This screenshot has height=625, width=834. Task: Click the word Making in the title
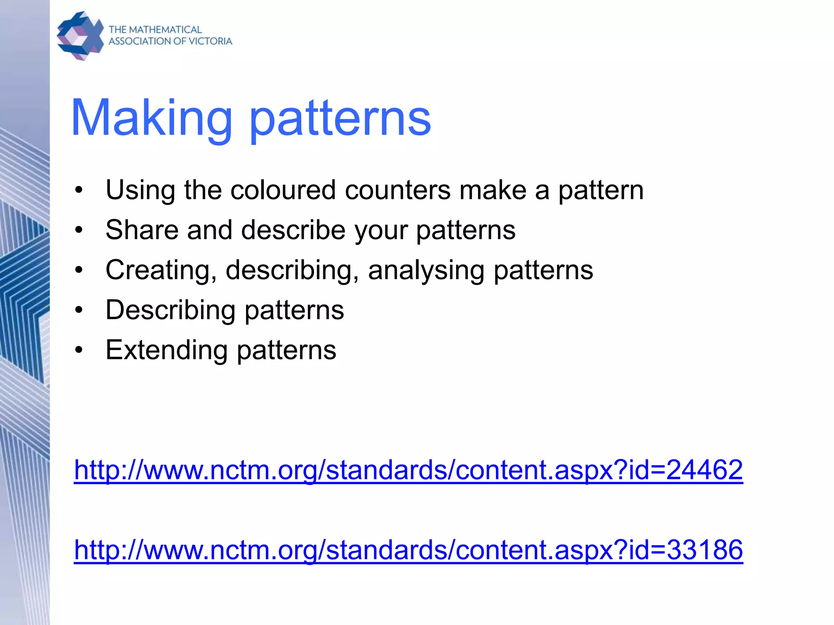click(151, 118)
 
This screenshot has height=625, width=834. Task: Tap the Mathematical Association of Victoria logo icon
click(80, 36)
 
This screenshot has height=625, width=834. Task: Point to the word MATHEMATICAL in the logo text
click(165, 30)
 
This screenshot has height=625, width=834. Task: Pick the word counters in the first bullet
click(397, 190)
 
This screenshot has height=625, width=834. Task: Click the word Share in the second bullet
click(142, 230)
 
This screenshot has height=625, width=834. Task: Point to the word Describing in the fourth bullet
click(170, 310)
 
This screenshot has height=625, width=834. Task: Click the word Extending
click(166, 350)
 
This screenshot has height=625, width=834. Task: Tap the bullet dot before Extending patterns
click(79, 350)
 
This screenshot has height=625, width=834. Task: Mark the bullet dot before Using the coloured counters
click(79, 190)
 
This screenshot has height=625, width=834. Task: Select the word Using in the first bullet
click(140, 190)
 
